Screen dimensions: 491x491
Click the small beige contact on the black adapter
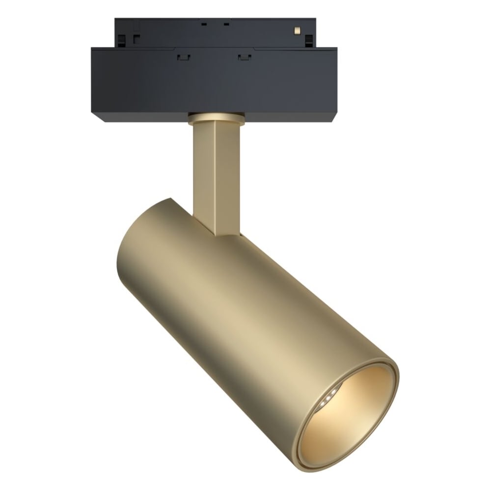coord(296,30)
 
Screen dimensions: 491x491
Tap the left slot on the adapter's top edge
coord(202,23)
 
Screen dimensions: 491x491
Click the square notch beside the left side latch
coord(135,40)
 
